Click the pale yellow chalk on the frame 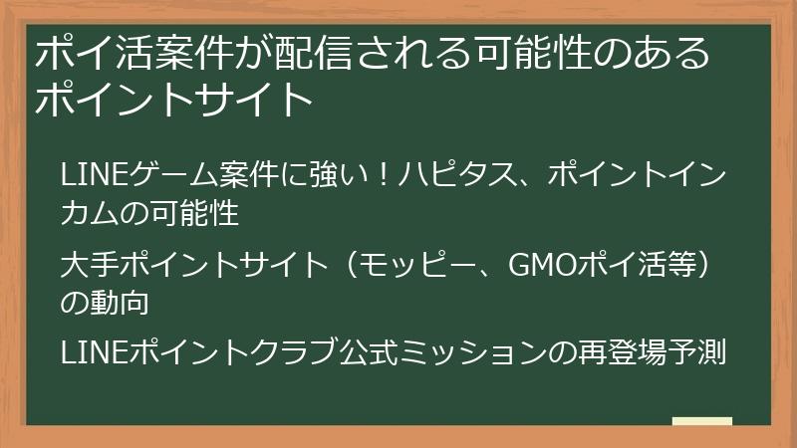coord(702,422)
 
